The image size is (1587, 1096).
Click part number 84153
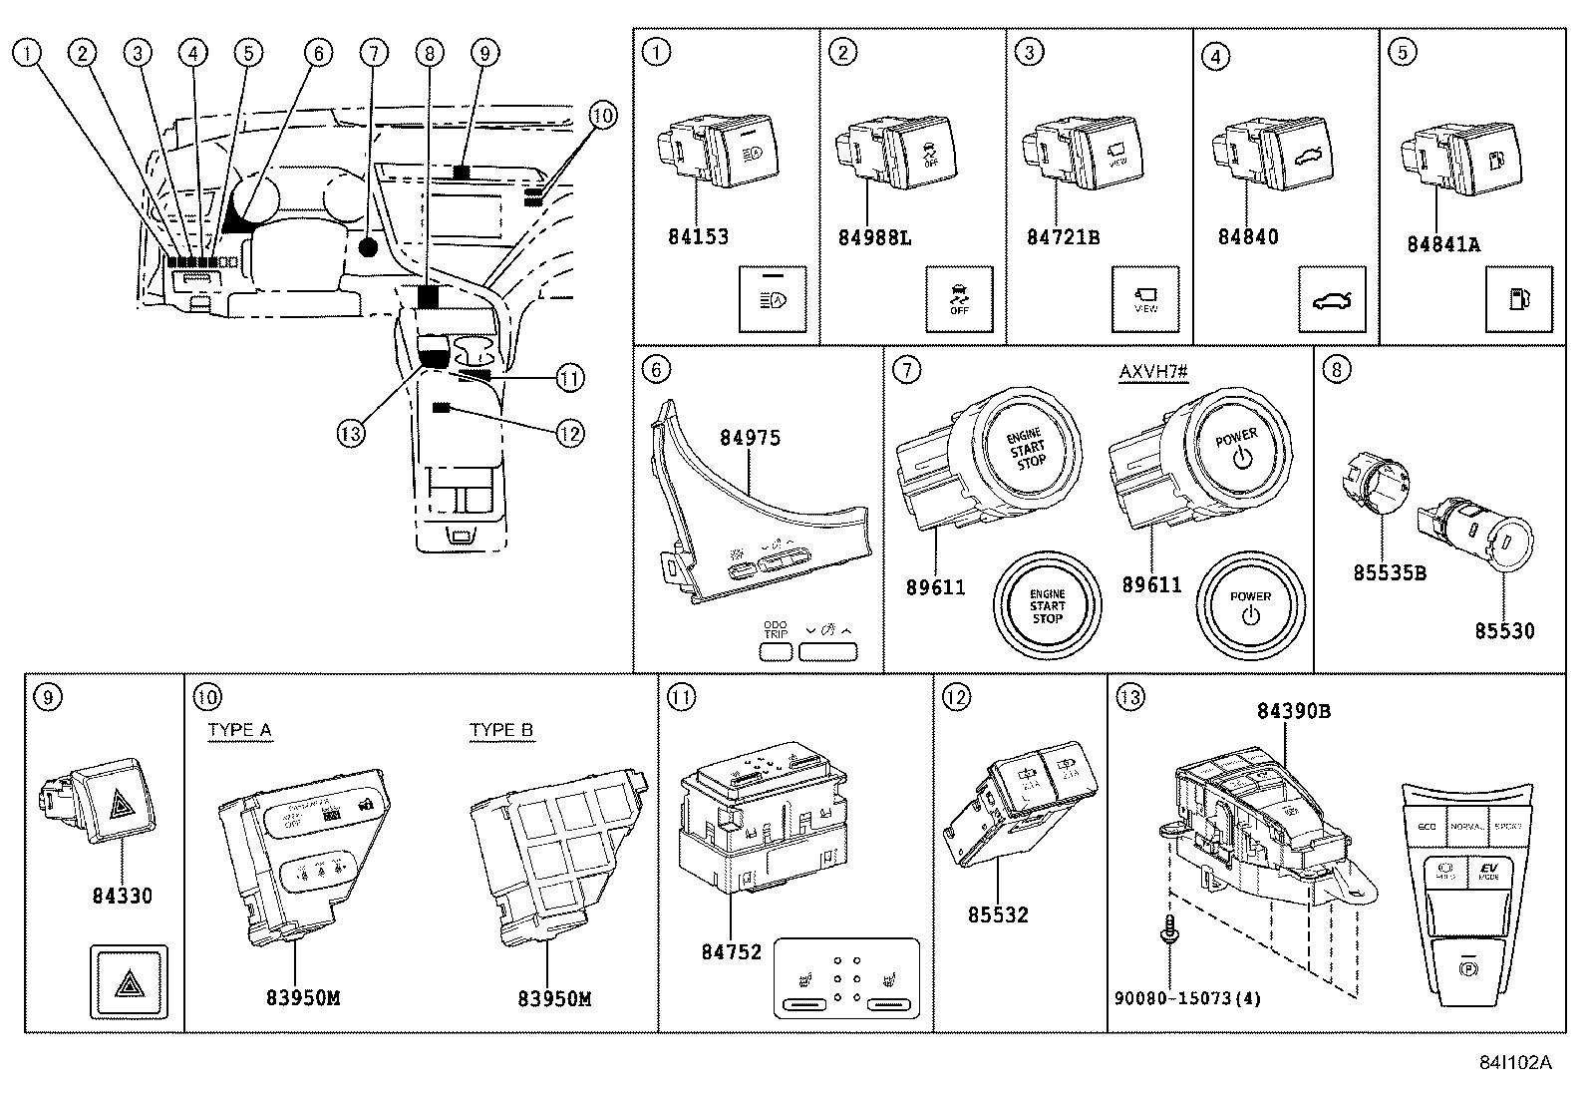[698, 237]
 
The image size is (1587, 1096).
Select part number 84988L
[874, 237]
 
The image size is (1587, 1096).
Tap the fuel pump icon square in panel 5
[1518, 299]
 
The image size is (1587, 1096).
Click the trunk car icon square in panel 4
[1332, 299]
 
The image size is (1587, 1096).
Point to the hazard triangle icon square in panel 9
[130, 982]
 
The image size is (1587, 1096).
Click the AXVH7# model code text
[1153, 373]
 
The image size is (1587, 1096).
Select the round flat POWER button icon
[1250, 606]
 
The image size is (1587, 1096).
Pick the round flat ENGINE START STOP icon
[1047, 606]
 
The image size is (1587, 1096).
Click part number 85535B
[1389, 572]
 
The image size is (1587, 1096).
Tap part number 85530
[1504, 630]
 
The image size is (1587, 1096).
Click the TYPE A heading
[239, 730]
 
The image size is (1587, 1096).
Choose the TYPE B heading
[501, 730]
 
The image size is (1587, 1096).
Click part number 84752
[731, 952]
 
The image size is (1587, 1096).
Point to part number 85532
[997, 914]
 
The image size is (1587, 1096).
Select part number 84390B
[1293, 711]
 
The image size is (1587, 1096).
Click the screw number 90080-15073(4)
[1188, 998]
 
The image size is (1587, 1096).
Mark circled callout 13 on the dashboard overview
[350, 434]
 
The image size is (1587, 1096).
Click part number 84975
[750, 438]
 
